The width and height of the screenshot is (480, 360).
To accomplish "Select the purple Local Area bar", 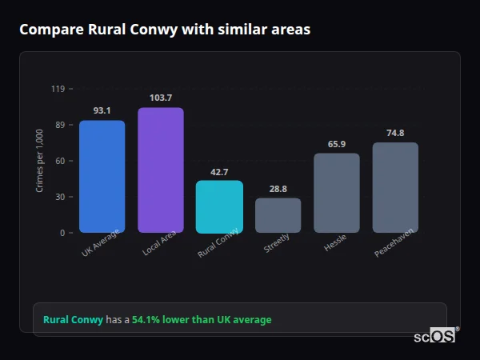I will pyautogui.click(x=161, y=170).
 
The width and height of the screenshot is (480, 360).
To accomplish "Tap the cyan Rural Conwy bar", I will pyautogui.click(x=219, y=206).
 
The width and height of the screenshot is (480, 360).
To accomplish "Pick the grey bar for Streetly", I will pyautogui.click(x=278, y=215).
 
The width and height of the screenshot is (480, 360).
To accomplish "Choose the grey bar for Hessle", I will pyautogui.click(x=337, y=193).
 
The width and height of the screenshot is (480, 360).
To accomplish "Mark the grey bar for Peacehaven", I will pyautogui.click(x=395, y=187).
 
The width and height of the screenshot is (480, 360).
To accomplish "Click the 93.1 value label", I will pyautogui.click(x=102, y=110).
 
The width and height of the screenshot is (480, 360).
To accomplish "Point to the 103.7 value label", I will pyautogui.click(x=161, y=98).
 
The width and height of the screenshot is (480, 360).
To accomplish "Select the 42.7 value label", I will pyautogui.click(x=219, y=172).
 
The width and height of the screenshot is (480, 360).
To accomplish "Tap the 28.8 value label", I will pyautogui.click(x=278, y=189).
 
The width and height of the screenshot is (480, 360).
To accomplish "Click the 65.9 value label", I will pyautogui.click(x=337, y=144).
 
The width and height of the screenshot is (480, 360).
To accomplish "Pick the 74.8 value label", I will pyautogui.click(x=395, y=133).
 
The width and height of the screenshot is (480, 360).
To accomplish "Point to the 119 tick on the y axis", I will pyautogui.click(x=58, y=89).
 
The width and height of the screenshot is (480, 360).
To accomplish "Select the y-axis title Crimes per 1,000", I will pyautogui.click(x=39, y=160).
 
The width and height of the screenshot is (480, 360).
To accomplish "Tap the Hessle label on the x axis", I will pyautogui.click(x=335, y=243).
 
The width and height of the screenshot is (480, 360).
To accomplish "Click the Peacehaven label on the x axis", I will pyautogui.click(x=394, y=246).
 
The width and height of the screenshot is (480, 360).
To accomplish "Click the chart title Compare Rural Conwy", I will pyautogui.click(x=165, y=29).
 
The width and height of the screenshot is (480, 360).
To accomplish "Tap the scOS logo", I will pyautogui.click(x=435, y=336).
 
